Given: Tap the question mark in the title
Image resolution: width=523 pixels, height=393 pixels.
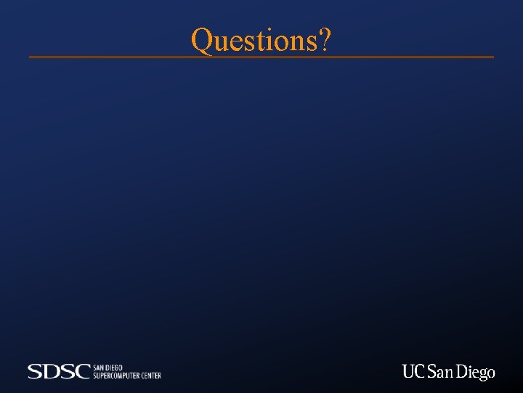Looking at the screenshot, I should coord(325,41).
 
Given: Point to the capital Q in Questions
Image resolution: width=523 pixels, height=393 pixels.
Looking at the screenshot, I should coord(201,41).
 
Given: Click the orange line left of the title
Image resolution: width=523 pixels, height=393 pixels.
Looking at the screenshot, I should coord(109,57).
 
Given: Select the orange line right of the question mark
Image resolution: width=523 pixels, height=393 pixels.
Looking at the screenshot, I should coord(414,57).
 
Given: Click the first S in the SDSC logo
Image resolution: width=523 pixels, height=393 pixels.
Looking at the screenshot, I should coord(36,372).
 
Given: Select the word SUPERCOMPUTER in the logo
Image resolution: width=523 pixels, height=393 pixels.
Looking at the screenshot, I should coord(116,376).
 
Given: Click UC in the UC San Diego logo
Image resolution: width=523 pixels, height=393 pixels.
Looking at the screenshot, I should coord(413,372).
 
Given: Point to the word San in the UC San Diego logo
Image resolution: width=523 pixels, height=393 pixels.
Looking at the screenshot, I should coord(440,372).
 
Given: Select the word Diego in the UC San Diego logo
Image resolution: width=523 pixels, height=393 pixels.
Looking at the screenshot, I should coord(476,373).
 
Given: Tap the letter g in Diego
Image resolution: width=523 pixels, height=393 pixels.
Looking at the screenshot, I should coord(482,374).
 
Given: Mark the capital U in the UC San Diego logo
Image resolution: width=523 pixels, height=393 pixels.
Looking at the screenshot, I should coord(408,372).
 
